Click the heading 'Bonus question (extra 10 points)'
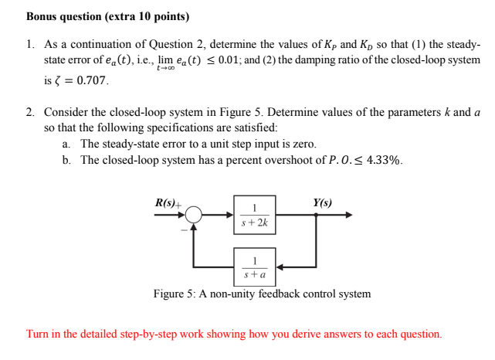pyautogui.click(x=107, y=16)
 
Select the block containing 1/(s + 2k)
pyautogui.click(x=254, y=215)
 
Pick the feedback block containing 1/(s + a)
pyautogui.click(x=254, y=267)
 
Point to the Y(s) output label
pyautogui.click(x=323, y=202)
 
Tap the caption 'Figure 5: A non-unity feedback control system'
pyautogui.click(x=262, y=294)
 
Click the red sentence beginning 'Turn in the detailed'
pyautogui.click(x=235, y=335)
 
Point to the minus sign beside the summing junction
pyautogui.click(x=183, y=229)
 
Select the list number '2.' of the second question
pyautogui.click(x=31, y=113)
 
